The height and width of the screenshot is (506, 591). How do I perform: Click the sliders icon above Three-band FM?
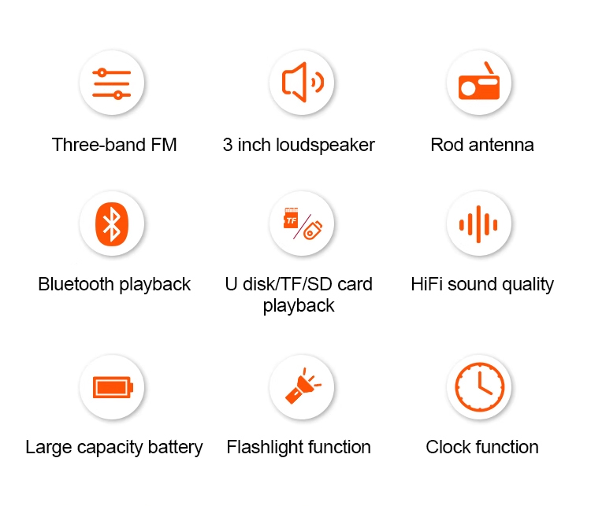pyautogui.click(x=112, y=83)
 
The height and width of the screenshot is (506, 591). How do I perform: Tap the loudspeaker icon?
pyautogui.click(x=303, y=83)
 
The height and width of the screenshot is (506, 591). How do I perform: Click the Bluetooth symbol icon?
pyautogui.click(x=112, y=224)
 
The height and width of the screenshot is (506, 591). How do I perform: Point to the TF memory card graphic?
pyautogui.click(x=291, y=218)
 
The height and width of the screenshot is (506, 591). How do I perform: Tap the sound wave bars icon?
pyautogui.click(x=478, y=224)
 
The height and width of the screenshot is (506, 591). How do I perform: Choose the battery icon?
pyautogui.click(x=113, y=387)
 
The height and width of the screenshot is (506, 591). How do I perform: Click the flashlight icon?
pyautogui.click(x=303, y=386)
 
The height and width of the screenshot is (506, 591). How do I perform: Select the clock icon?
pyautogui.click(x=479, y=386)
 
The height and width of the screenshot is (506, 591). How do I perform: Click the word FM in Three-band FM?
pyautogui.click(x=164, y=145)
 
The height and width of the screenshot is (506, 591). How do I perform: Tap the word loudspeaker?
pyautogui.click(x=325, y=146)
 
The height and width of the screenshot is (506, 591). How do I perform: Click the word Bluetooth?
pyautogui.click(x=76, y=284)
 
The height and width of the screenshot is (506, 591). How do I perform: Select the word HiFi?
pyautogui.click(x=426, y=284)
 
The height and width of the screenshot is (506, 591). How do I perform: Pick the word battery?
pyautogui.click(x=175, y=448)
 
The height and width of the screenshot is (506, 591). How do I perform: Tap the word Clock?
pyautogui.click(x=448, y=447)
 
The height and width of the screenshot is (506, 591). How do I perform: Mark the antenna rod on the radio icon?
pyautogui.click(x=489, y=68)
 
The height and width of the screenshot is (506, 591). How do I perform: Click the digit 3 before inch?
pyautogui.click(x=228, y=146)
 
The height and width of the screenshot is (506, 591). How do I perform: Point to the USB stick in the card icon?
pyautogui.click(x=313, y=229)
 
